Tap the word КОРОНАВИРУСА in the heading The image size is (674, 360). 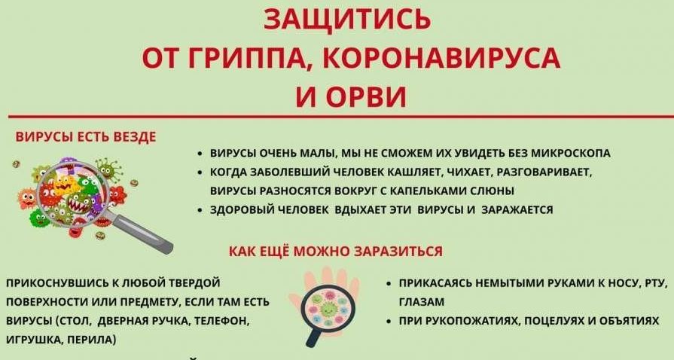[441, 59]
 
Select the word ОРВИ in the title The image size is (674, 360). [366, 96]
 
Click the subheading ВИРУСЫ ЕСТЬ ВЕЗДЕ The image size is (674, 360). [86, 137]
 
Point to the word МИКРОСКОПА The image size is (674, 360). [571, 153]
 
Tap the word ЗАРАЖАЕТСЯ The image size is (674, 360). [517, 210]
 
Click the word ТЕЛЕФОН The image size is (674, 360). [222, 322]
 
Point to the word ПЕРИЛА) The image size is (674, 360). [91, 340]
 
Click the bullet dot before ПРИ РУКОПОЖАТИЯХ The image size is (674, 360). [389, 322]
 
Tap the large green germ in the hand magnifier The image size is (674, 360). [329, 308]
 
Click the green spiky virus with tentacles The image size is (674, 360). [108, 169]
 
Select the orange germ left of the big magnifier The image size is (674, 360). [26, 198]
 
